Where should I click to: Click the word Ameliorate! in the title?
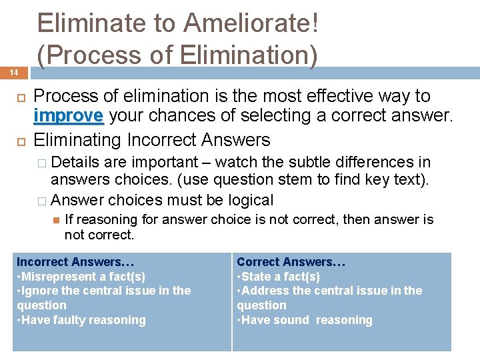coord(251,24)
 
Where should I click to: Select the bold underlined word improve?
coord(68,115)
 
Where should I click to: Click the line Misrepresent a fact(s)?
coord(81,277)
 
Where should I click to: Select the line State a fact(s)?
coord(278,277)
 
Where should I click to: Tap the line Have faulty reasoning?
coord(81,320)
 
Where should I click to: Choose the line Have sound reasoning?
coord(305,320)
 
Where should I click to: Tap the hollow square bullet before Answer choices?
coord(42,200)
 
